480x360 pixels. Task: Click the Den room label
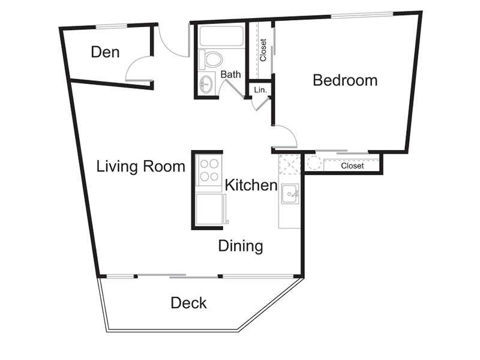click(x=105, y=52)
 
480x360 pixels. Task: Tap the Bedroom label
click(x=345, y=80)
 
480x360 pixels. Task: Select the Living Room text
click(x=141, y=167)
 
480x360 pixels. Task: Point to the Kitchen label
click(x=251, y=185)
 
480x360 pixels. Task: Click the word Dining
click(x=241, y=246)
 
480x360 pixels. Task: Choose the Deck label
click(x=188, y=303)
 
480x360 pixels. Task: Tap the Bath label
click(x=230, y=74)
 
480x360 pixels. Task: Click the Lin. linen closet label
click(x=260, y=90)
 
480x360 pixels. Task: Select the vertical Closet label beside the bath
click(x=263, y=50)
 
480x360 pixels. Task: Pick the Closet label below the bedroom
click(x=352, y=166)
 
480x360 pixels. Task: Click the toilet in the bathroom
click(x=211, y=59)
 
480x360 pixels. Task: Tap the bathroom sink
click(x=206, y=84)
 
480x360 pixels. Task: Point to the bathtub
click(x=221, y=36)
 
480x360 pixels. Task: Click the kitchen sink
click(x=290, y=194)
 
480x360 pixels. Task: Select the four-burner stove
click(x=208, y=170)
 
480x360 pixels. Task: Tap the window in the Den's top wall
click(x=112, y=27)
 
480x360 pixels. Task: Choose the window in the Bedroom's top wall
click(x=362, y=14)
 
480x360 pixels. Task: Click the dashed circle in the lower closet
click(x=313, y=163)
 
